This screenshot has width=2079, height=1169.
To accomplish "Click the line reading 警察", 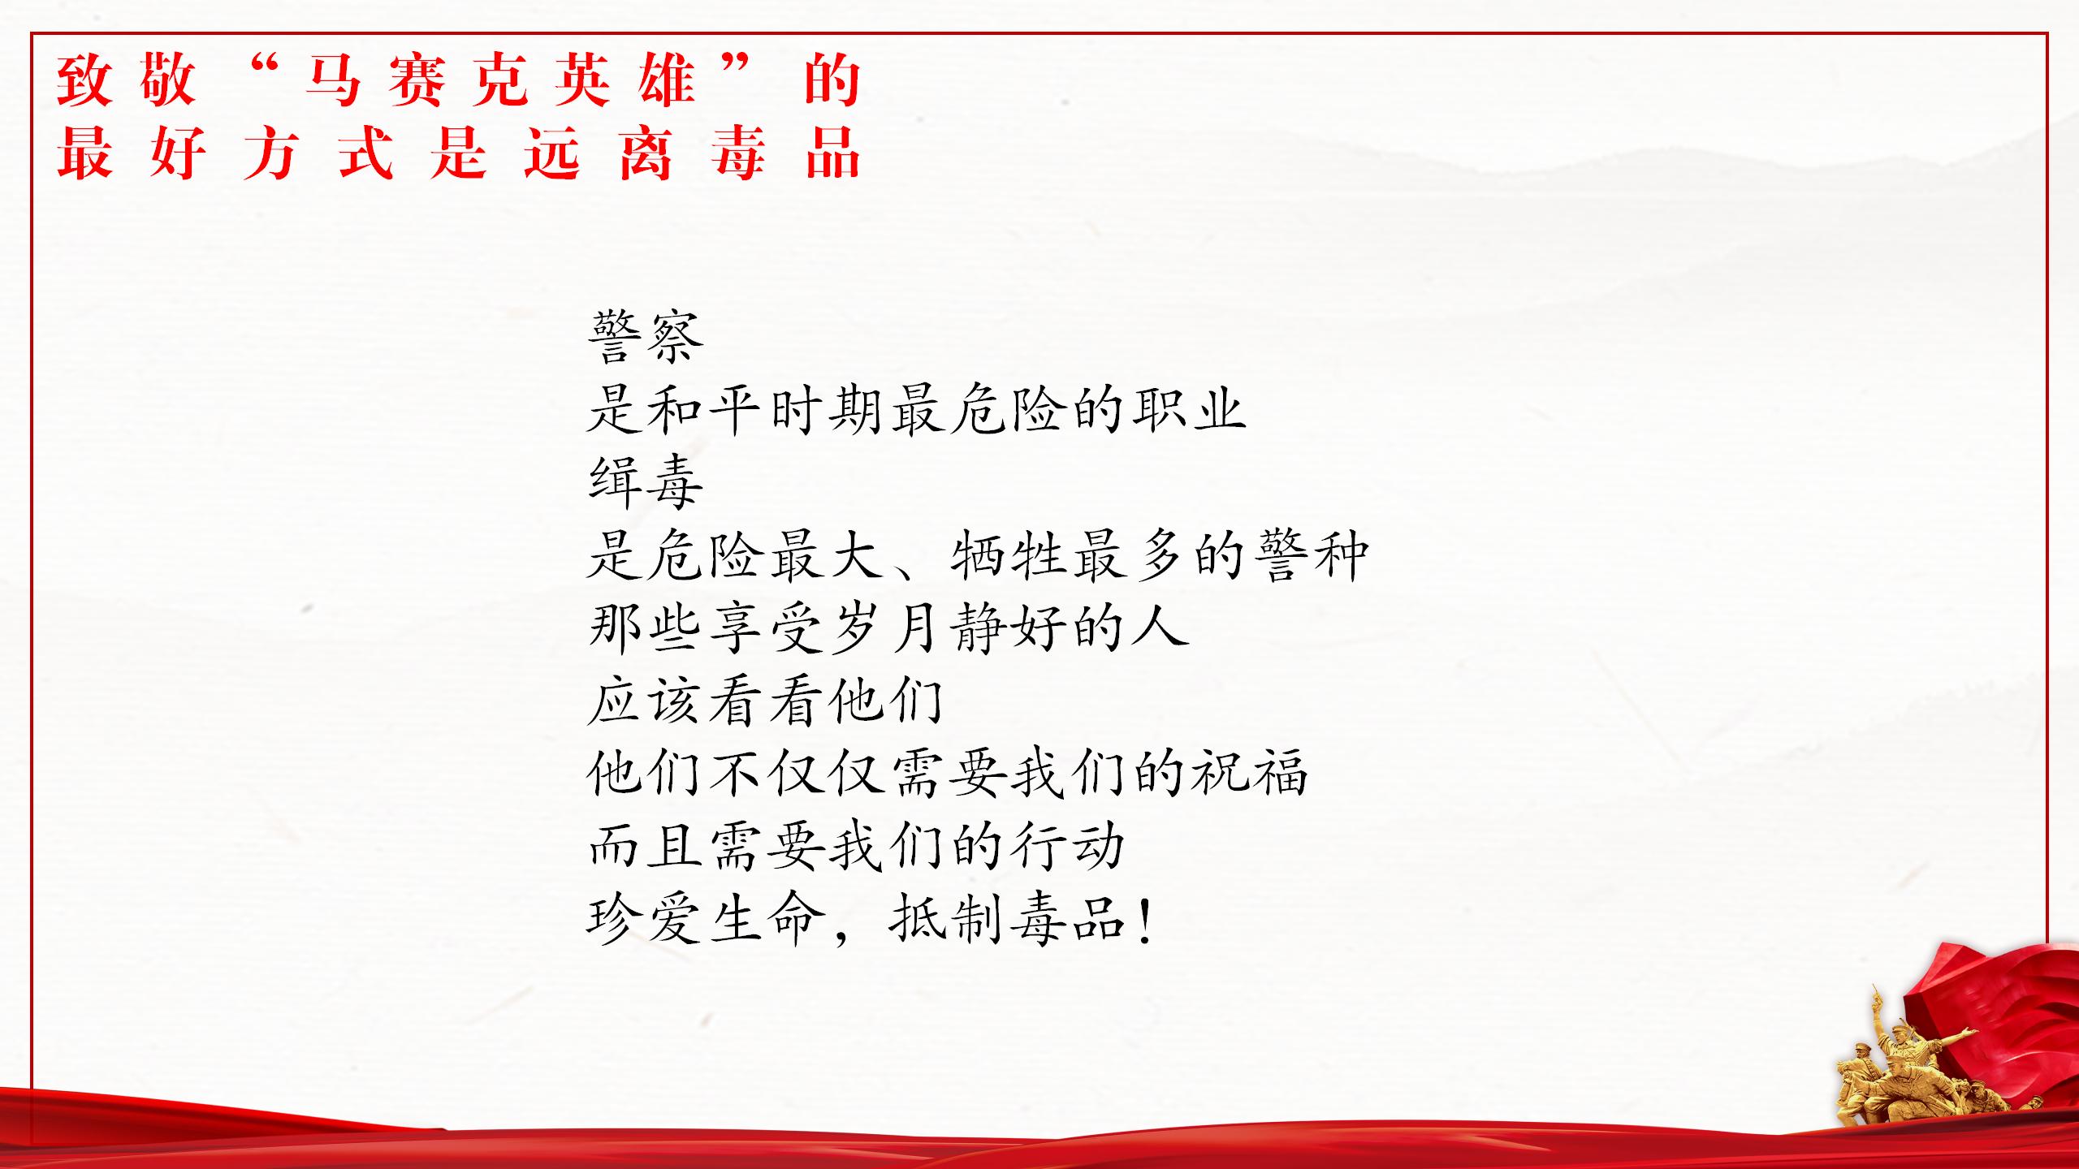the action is (646, 336).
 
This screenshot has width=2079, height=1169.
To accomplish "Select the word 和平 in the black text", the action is (705, 409).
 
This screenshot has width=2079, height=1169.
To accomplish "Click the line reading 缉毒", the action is (646, 482).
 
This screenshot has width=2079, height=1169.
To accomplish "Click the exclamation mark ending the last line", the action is (1145, 921).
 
